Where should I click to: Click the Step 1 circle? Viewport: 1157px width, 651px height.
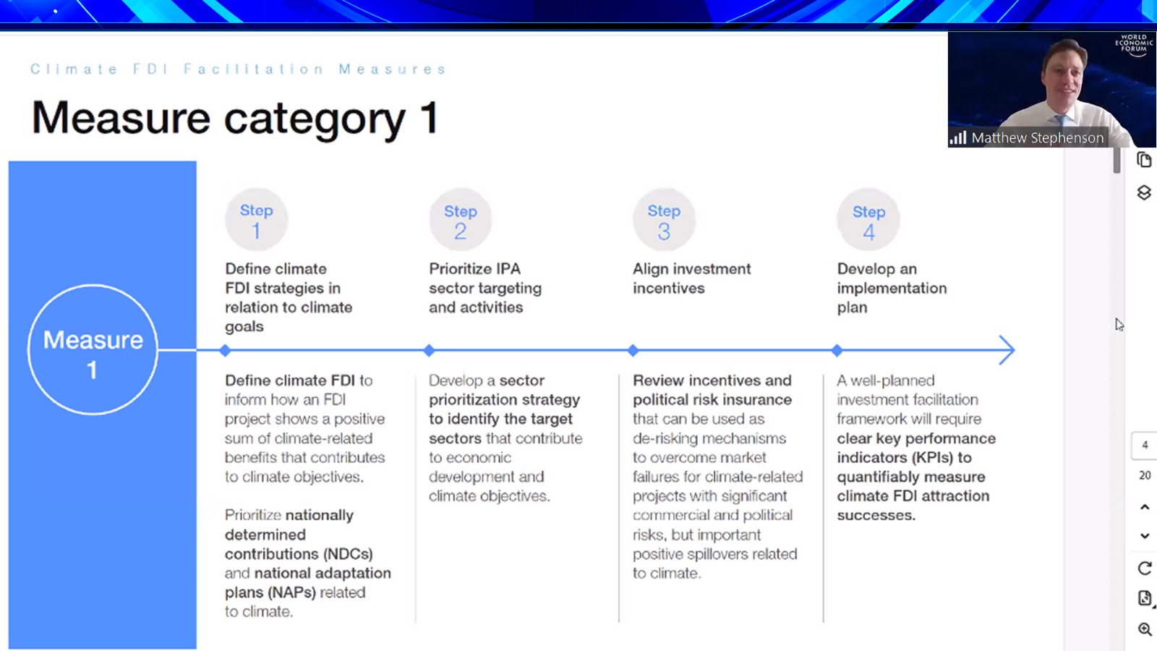click(x=256, y=220)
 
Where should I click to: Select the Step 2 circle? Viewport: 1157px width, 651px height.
click(x=460, y=220)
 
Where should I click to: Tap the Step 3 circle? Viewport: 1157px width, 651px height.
click(x=665, y=220)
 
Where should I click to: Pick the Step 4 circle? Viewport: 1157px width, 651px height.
click(x=868, y=220)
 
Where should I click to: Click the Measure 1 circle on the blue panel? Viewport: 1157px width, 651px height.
click(x=93, y=285)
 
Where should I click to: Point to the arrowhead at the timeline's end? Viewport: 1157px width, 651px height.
click(x=1008, y=350)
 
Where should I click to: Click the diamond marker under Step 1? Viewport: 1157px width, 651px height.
click(x=225, y=350)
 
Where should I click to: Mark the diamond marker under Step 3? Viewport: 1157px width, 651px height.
click(x=633, y=350)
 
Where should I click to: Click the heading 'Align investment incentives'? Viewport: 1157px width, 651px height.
click(x=691, y=278)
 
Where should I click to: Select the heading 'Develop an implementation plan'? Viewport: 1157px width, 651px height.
click(x=892, y=288)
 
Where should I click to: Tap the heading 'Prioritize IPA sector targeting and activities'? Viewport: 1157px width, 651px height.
click(x=485, y=288)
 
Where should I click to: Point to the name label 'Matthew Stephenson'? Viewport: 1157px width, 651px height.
click(x=1037, y=138)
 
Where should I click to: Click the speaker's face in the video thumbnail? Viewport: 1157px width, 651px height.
click(x=1063, y=80)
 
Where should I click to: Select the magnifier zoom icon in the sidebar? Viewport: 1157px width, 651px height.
click(x=1145, y=629)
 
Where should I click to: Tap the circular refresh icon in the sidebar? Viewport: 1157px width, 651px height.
click(x=1145, y=569)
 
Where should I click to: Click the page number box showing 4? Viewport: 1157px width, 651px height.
click(x=1144, y=446)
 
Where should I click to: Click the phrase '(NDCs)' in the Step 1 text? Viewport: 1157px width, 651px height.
click(x=348, y=554)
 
